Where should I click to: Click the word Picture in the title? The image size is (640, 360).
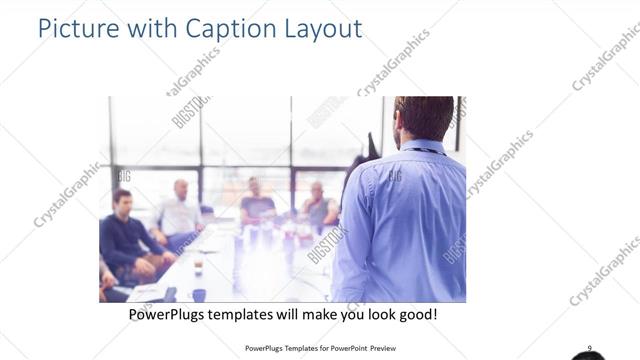76,27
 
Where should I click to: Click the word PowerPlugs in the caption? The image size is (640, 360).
170,314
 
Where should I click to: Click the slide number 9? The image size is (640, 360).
589,348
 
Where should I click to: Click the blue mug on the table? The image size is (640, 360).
199,295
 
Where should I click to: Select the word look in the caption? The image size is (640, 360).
377,314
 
